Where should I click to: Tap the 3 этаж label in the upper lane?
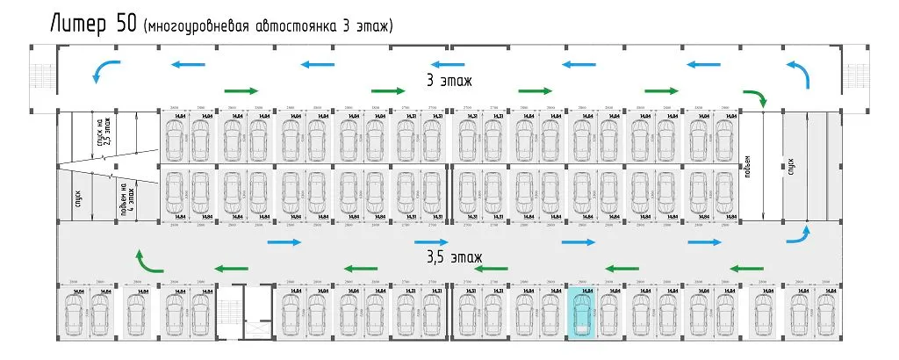tap(449, 81)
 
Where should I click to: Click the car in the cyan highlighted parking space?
tap(582, 313)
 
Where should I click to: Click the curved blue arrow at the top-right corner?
tap(799, 73)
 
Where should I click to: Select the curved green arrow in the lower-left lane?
tap(146, 262)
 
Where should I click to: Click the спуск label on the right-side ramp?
tap(790, 165)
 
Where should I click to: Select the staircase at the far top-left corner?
tap(42, 77)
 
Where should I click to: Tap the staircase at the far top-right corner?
tap(857, 77)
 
